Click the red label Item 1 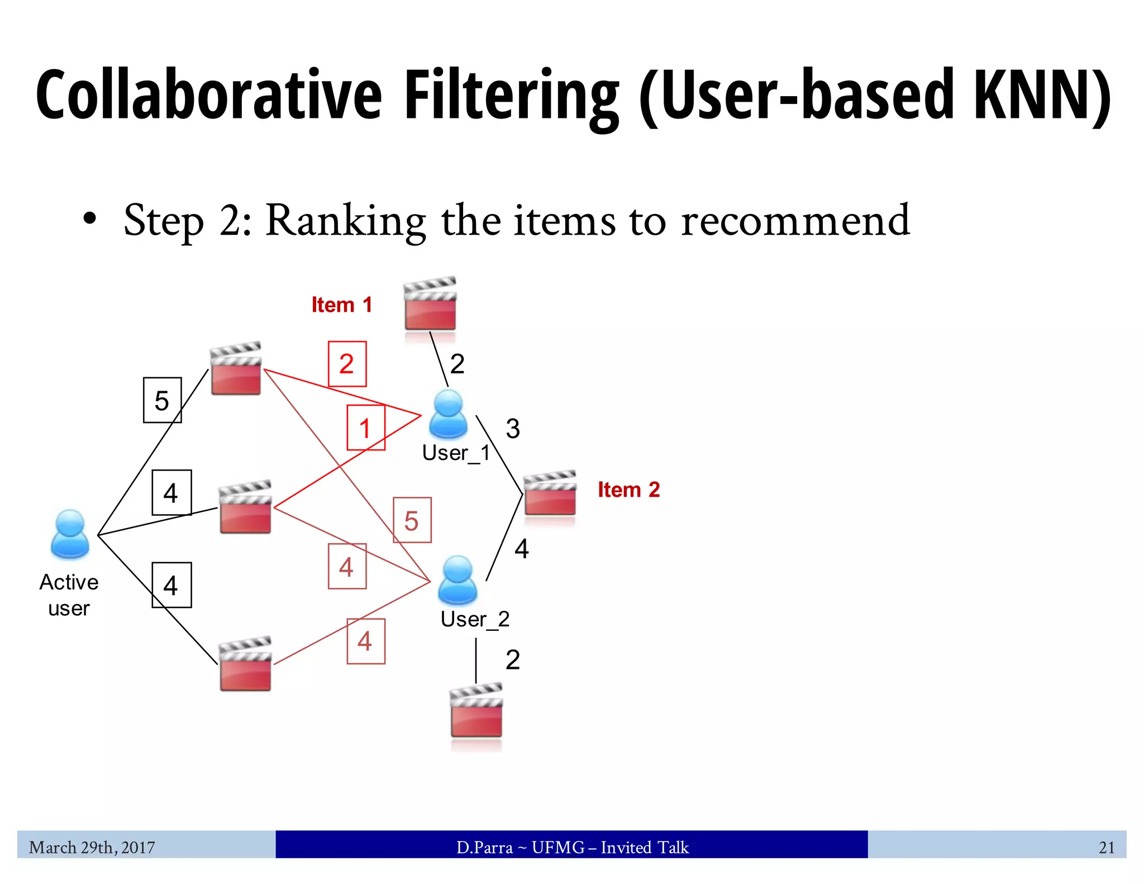[x=341, y=305]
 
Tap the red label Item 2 [x=628, y=489]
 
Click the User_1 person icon [x=448, y=414]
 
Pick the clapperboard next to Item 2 [x=550, y=495]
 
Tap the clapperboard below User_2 [x=476, y=712]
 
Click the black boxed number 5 [x=162, y=400]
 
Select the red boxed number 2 [x=347, y=364]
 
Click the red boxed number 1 [x=366, y=428]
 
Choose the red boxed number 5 [x=412, y=520]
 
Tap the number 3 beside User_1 [x=513, y=429]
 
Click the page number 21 [x=1106, y=847]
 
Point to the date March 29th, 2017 [x=92, y=847]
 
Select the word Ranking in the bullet [x=345, y=221]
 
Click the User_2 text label [x=475, y=619]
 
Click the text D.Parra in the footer [x=484, y=847]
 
